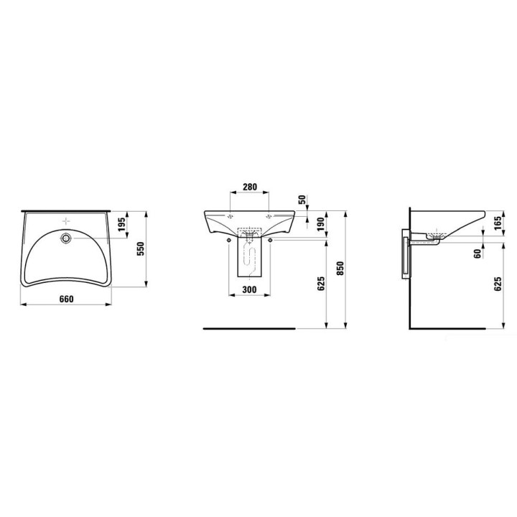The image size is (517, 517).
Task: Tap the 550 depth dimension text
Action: click(141, 248)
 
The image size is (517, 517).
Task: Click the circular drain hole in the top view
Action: click(67, 238)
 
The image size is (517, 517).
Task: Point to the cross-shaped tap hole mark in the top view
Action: click(67, 220)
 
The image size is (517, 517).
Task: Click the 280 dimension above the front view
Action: click(249, 187)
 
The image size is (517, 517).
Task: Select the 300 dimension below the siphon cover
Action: click(249, 289)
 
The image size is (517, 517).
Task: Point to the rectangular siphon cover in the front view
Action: click(249, 262)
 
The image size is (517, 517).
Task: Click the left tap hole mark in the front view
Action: click(230, 215)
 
